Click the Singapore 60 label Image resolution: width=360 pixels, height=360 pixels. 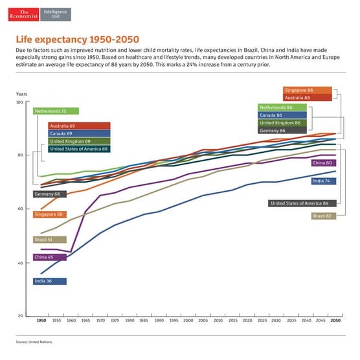tap(49, 214)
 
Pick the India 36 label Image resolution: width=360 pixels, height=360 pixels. tap(49, 281)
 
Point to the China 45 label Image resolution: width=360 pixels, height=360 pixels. tap(49, 256)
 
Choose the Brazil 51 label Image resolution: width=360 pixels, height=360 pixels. tap(49, 239)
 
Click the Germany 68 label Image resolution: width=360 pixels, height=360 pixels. tap(49, 194)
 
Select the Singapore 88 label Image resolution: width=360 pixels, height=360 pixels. tap(308, 90)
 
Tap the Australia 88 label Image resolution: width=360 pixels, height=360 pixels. tap(308, 97)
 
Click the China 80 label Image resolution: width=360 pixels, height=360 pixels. tap(323, 163)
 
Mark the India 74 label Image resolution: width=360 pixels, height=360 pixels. tap(323, 181)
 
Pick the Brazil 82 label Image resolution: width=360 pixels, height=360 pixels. tap(323, 216)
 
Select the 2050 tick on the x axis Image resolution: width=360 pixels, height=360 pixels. tap(335, 321)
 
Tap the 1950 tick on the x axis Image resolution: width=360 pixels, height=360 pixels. tap(41, 321)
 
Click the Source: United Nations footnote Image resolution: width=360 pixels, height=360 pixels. tap(34, 341)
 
